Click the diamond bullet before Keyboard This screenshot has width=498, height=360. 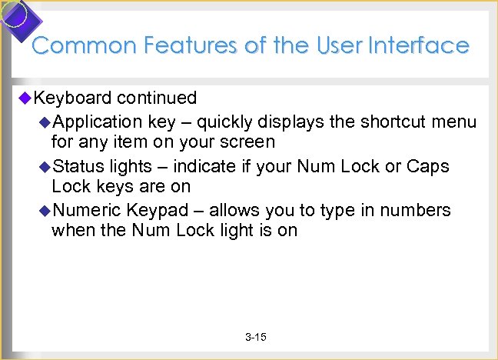pos(25,98)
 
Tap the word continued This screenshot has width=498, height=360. pos(157,98)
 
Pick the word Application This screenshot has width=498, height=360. pos(98,122)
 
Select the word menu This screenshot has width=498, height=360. pos(455,122)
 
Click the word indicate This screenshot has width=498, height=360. pos(201,166)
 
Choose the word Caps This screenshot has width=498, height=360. pos(427,166)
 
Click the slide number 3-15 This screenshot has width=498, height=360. pos(255,338)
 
